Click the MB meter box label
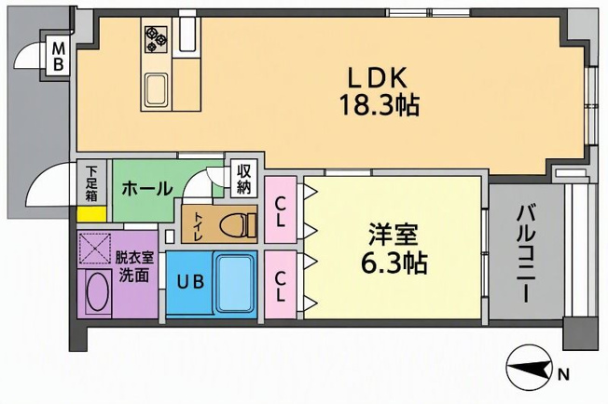(58, 56)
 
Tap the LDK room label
(378, 78)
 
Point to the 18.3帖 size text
(380, 105)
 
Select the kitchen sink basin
(157, 89)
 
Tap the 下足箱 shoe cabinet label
(91, 183)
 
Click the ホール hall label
(147, 189)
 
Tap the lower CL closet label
(280, 286)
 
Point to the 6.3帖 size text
(394, 263)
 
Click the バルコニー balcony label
(526, 254)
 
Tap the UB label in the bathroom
(191, 282)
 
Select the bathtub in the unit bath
(235, 283)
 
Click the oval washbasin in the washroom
(96, 292)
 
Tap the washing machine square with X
(94, 248)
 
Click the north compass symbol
(530, 369)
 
